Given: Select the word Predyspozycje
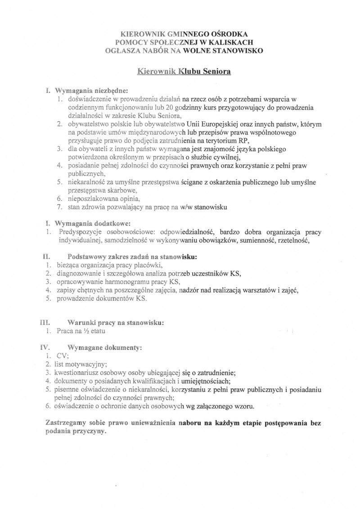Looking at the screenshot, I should tap(79, 232).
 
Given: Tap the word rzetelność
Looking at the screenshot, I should tap(295, 240).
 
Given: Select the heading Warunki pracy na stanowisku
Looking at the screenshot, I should tap(115, 323).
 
